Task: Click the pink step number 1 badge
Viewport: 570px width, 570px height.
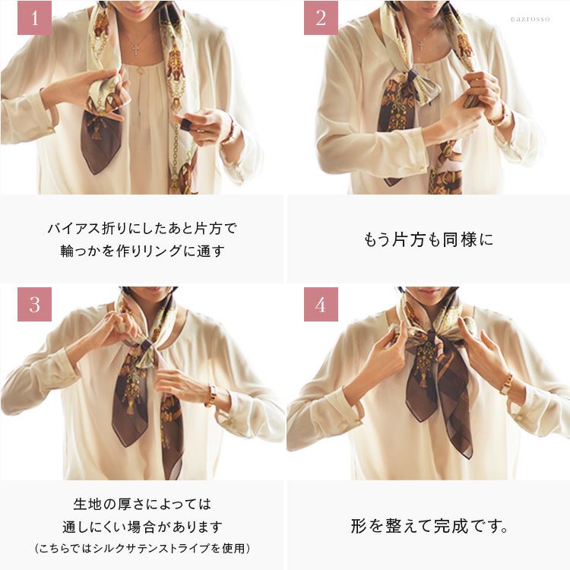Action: point(34,17)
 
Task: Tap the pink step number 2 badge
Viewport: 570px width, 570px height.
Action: point(321,17)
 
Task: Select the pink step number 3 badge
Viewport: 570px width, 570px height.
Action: point(34,304)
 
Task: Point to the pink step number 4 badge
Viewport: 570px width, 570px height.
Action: point(321,304)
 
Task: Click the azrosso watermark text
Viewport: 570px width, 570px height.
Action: point(530,19)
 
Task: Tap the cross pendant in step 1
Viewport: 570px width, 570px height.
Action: point(135,49)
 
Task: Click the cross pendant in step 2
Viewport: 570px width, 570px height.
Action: point(421,45)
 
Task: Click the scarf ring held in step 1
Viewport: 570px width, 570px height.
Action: point(185,125)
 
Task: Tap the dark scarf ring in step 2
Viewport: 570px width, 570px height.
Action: point(413,78)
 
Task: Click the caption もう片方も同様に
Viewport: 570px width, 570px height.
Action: point(429,240)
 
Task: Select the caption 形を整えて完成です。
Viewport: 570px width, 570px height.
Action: point(429,526)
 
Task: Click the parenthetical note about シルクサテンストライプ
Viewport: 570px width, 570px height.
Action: point(143,548)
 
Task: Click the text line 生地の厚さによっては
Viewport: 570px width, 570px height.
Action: point(142,504)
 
